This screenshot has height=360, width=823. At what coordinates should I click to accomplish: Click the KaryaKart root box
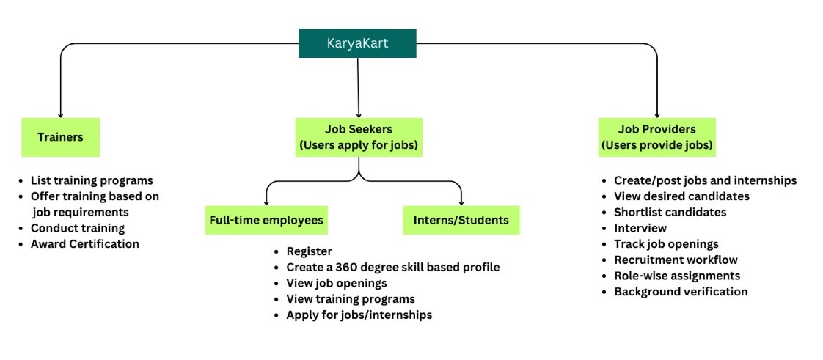357,43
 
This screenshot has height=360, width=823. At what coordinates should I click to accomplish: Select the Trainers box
60,137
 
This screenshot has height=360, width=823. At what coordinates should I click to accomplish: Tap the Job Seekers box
359,137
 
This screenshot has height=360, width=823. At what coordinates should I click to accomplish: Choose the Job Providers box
656,137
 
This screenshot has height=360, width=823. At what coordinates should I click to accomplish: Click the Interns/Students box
461,220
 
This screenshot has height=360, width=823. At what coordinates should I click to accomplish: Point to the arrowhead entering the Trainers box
60,114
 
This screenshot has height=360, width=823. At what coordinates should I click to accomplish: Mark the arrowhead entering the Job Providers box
656,114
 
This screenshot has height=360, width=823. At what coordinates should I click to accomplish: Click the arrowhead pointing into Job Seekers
359,114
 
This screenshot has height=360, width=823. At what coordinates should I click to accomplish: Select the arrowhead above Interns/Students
461,202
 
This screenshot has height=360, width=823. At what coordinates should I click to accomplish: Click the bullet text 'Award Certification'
84,244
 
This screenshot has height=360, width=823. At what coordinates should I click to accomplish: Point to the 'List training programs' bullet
91,180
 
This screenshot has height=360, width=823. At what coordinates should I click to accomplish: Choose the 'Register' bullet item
309,251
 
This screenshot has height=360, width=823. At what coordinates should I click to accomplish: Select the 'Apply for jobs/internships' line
359,315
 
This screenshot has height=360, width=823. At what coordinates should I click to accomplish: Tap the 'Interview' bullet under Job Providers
640,228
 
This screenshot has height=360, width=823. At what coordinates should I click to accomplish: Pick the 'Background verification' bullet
681,292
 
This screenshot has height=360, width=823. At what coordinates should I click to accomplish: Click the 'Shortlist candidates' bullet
670,212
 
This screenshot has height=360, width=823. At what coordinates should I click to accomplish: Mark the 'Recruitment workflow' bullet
676,260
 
